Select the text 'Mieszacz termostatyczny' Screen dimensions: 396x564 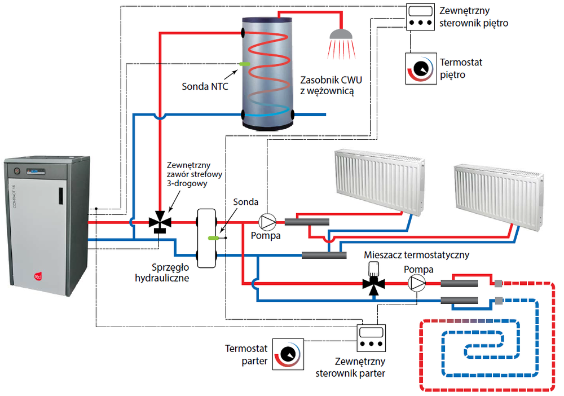(416, 255)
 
